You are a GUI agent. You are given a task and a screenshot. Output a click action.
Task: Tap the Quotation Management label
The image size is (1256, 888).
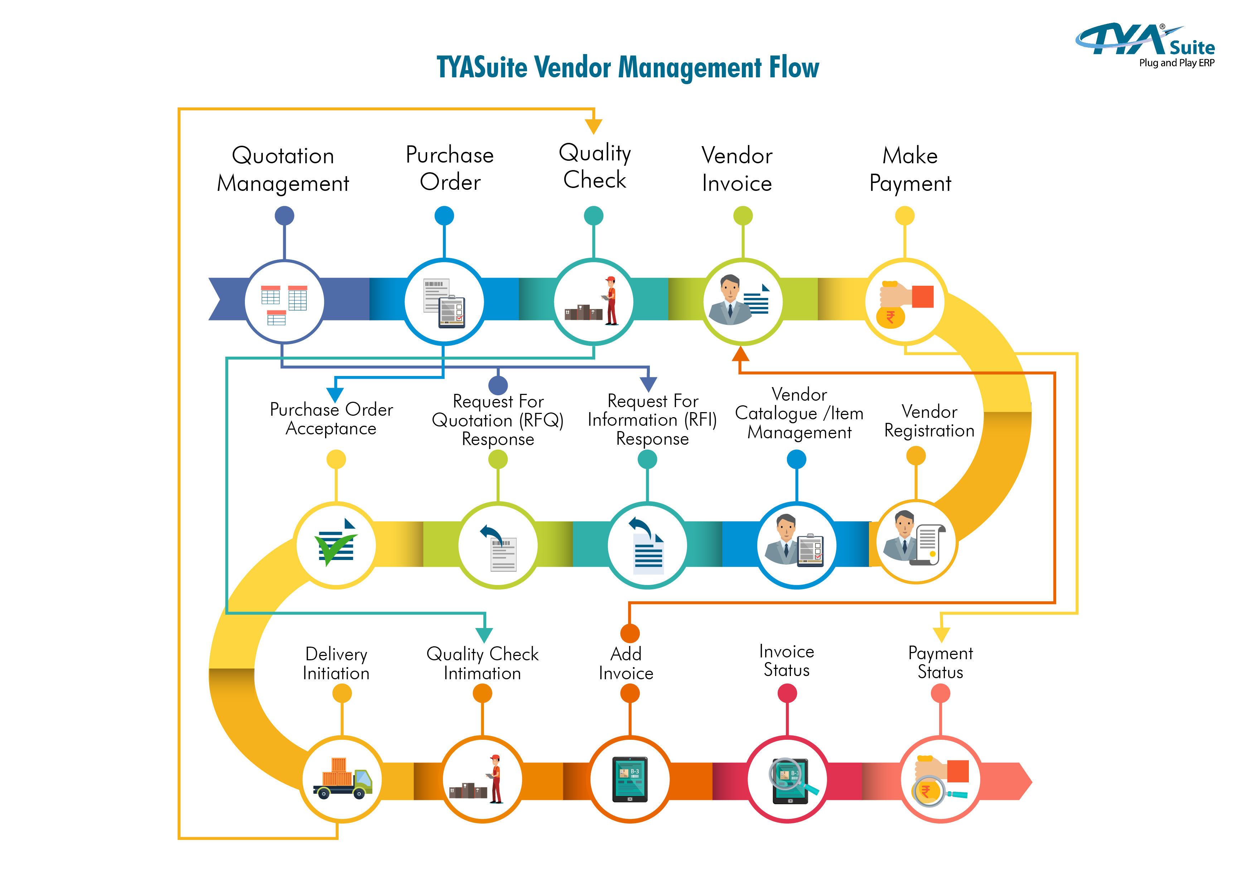point(283,169)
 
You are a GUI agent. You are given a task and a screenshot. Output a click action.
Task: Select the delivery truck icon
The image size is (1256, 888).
point(342,779)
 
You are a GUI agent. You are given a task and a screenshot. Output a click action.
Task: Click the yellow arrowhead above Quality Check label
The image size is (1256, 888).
point(594,127)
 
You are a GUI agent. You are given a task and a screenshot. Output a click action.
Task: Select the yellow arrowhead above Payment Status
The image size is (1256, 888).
point(941,635)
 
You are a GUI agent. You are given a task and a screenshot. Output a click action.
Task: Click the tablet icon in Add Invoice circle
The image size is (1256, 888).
point(630,779)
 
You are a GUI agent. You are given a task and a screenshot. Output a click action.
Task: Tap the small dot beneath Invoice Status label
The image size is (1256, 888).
point(787,693)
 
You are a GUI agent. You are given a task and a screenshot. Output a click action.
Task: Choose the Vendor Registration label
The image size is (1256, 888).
point(929,421)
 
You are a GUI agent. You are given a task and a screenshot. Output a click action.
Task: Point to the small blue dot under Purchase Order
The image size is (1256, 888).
point(444,216)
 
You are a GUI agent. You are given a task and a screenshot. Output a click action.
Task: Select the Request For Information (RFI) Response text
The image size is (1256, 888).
point(652,420)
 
